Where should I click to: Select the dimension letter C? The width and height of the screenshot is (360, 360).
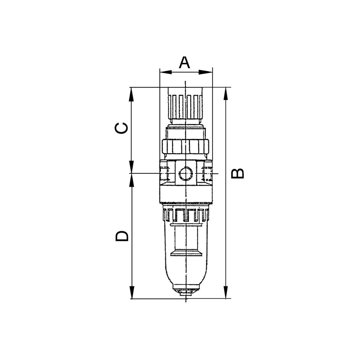121,128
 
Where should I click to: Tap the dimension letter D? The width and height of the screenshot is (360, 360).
122,236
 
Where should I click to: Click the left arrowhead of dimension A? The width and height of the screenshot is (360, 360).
166,72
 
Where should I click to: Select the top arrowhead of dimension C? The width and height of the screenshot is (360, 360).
132,94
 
